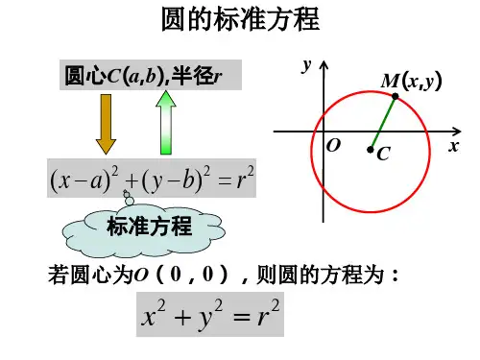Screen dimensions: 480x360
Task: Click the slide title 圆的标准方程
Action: (240, 19)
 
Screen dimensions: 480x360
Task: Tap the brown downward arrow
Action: (106, 124)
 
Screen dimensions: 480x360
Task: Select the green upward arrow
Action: (166, 123)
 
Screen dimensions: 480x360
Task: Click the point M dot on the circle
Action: (396, 96)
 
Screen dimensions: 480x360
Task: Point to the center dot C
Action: (371, 149)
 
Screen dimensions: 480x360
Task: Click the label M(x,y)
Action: (411, 81)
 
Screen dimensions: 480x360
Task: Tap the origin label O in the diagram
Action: (333, 146)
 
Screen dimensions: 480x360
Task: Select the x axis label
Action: (454, 146)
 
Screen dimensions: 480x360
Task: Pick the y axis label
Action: (306, 65)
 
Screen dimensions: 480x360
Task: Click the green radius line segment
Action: (383, 123)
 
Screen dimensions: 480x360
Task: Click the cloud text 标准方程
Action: (150, 227)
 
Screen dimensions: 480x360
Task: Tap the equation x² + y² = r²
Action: (210, 315)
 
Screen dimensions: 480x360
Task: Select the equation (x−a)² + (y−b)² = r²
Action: (152, 179)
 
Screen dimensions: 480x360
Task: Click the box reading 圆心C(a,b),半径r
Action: (151, 75)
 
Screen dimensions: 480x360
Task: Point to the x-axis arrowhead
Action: (457, 132)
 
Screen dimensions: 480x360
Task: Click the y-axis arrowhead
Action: (324, 65)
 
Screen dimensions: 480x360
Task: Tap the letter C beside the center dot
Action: (384, 154)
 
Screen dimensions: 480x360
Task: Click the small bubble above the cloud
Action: (129, 201)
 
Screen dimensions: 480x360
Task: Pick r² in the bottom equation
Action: (268, 313)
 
